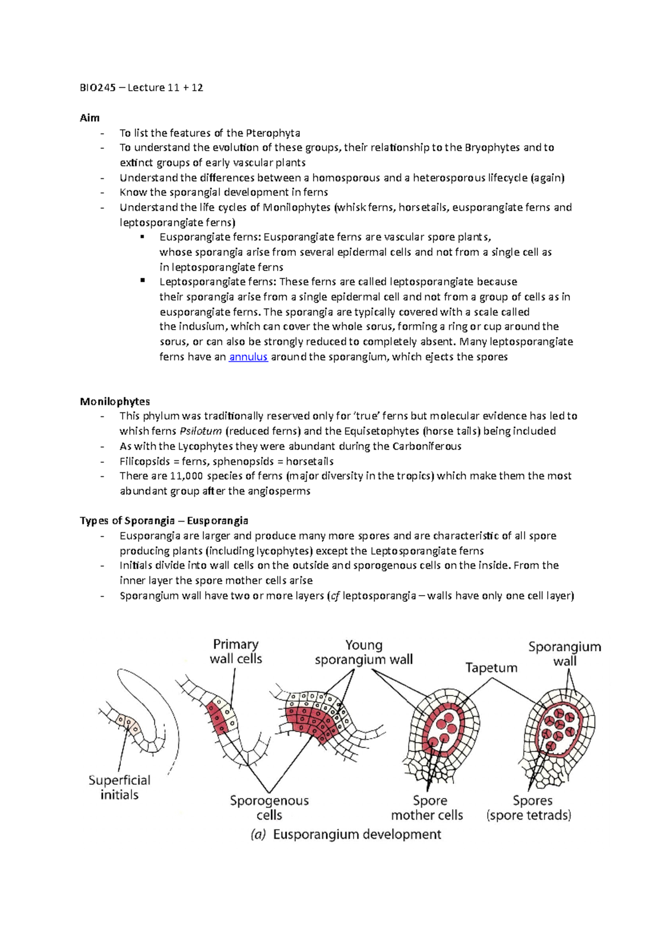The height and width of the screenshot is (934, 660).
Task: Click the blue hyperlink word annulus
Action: tap(248, 357)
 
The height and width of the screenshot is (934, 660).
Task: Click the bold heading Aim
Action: tap(90, 118)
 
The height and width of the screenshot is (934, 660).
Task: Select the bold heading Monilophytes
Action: tap(114, 402)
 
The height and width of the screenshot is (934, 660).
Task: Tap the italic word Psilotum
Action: tap(201, 431)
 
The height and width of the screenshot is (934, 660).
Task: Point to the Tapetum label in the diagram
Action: tap(491, 668)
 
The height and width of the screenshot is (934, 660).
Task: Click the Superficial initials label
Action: tap(119, 787)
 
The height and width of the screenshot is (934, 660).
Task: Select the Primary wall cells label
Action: tap(236, 651)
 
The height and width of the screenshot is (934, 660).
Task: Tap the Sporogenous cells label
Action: tap(269, 807)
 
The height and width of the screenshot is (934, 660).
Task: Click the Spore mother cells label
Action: tap(427, 807)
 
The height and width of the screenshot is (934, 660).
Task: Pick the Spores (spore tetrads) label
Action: tap(529, 807)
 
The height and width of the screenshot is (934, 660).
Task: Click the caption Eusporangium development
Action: tap(346, 834)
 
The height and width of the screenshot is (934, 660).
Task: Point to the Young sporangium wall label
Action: tap(364, 652)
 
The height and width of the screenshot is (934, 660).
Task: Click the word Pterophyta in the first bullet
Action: tap(273, 133)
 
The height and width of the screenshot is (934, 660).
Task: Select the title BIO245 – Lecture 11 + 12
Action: tap(141, 87)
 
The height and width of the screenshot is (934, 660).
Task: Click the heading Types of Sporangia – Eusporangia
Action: tap(164, 521)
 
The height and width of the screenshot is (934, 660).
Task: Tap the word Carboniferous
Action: tap(427, 446)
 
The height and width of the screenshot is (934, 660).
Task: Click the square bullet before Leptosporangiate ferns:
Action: tap(142, 281)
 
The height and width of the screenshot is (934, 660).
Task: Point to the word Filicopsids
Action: tap(145, 461)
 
